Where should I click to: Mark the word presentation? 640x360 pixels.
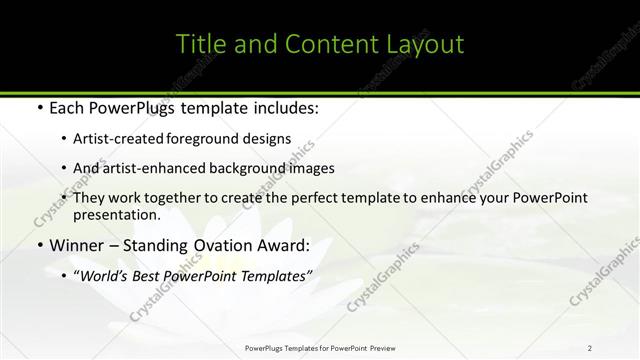point(116,214)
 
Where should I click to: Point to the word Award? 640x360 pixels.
point(282,244)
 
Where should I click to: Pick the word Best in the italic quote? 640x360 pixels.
point(153,274)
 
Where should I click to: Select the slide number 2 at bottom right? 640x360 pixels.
point(590,347)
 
